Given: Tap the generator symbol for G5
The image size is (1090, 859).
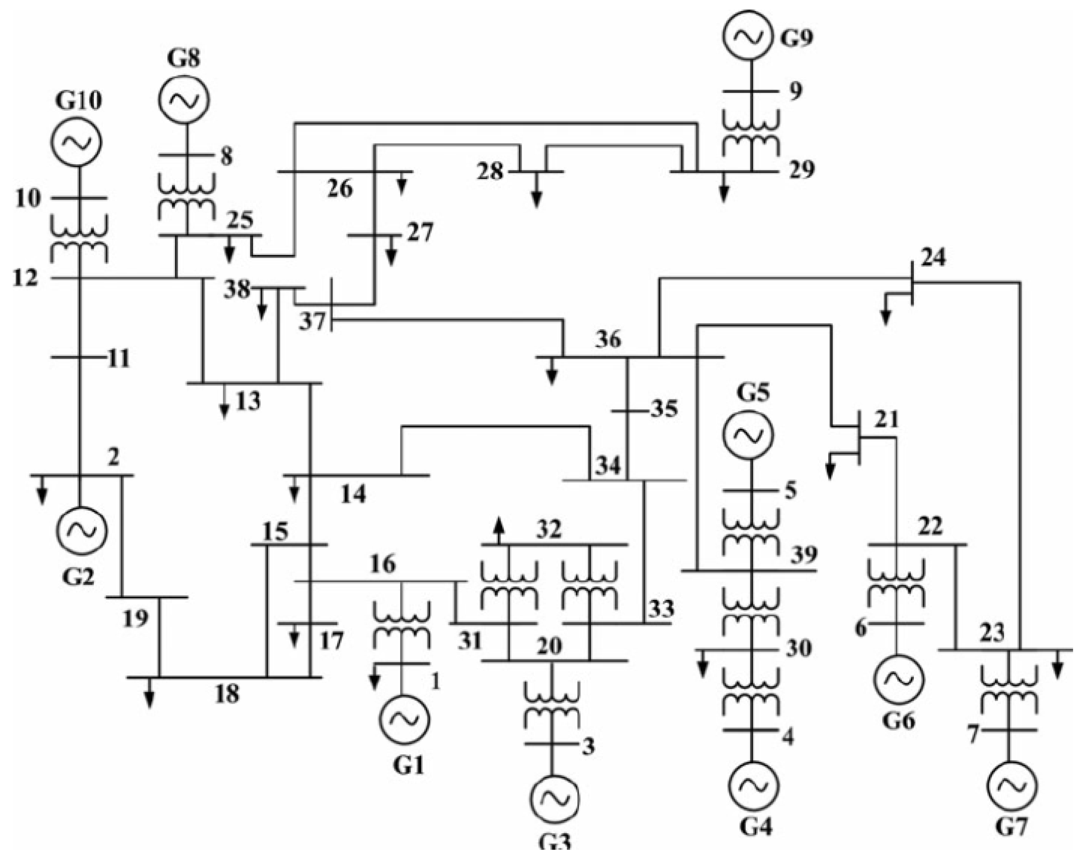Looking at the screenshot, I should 747,436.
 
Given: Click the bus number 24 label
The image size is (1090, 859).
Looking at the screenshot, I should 933,258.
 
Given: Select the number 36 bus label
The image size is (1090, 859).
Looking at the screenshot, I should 608,340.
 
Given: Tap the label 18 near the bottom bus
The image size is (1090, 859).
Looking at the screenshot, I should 227,694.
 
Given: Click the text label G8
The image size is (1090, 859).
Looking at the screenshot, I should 183,58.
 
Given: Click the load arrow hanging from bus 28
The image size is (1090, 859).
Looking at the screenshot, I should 537,191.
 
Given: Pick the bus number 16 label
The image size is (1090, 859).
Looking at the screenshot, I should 383,564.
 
